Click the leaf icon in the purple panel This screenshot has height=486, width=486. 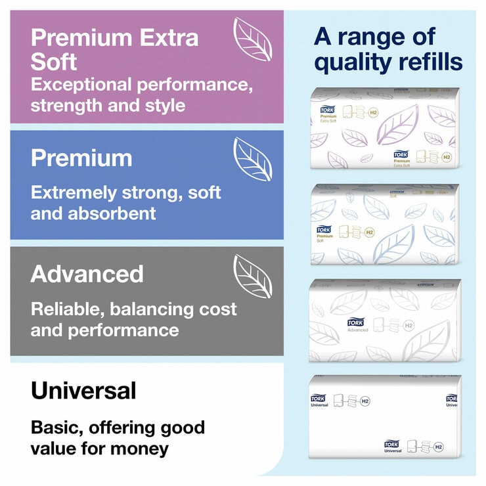click(x=253, y=39)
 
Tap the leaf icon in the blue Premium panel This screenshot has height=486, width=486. click(x=253, y=160)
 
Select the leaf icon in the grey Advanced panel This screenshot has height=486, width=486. click(x=253, y=276)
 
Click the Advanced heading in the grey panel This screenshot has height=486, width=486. click(x=87, y=274)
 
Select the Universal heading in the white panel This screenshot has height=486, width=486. click(x=83, y=391)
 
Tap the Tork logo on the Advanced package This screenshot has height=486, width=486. click(x=355, y=322)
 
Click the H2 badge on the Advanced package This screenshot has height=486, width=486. click(x=409, y=325)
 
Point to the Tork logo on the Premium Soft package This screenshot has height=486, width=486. click(x=324, y=229)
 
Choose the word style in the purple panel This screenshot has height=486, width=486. click(x=163, y=105)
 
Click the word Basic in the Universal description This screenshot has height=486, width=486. click(x=55, y=428)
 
